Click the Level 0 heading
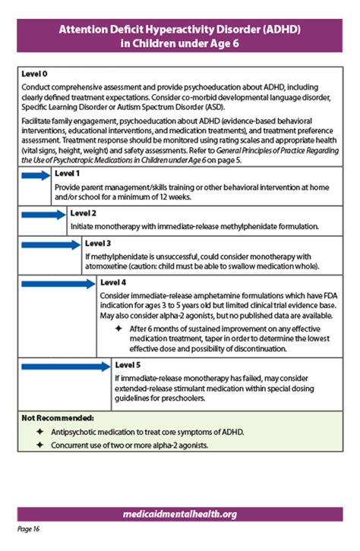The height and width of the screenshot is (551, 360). [x=34, y=74]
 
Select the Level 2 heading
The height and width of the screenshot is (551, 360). [x=83, y=213]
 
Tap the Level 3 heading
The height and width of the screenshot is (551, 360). [x=99, y=244]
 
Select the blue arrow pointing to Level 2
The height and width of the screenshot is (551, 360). [x=43, y=215]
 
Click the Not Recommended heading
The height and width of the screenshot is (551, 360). [x=57, y=418]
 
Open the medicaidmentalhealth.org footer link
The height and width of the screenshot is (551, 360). [x=180, y=514]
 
